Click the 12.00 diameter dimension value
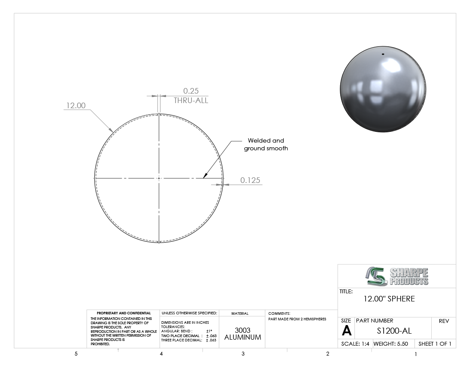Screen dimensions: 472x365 (x=76, y=105)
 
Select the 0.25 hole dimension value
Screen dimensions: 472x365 (x=191, y=91)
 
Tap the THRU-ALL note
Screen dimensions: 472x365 (x=191, y=100)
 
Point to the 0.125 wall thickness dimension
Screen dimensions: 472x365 (x=250, y=180)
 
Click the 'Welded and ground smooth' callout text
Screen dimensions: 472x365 (x=266, y=144)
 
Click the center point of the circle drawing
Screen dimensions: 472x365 (x=159, y=178)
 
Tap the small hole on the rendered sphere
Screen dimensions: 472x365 (x=383, y=54)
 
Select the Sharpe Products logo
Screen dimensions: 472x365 (x=397, y=276)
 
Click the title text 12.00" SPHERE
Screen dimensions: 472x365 (x=389, y=299)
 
